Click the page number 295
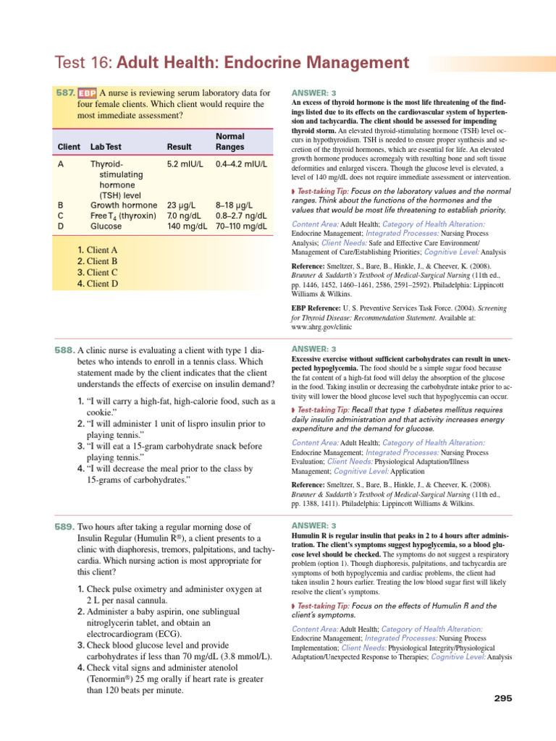(x=502, y=698)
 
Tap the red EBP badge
(x=87, y=93)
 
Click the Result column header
(x=179, y=147)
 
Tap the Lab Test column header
(x=107, y=147)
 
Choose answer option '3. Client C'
(x=97, y=273)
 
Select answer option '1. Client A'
(x=97, y=250)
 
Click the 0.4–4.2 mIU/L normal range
(x=241, y=164)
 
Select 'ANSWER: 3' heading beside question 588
(x=313, y=350)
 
